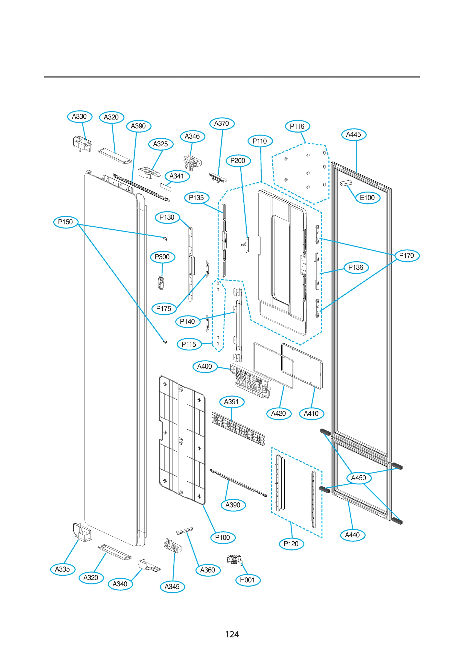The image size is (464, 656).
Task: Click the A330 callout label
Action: (x=80, y=116)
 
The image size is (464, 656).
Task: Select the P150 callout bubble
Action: (x=65, y=222)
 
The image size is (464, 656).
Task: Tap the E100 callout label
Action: (x=367, y=198)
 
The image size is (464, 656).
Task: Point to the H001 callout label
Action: (x=247, y=580)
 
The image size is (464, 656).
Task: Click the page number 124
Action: (x=232, y=634)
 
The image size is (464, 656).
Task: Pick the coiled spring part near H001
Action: (x=234, y=560)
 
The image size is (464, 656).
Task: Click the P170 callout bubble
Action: (x=407, y=256)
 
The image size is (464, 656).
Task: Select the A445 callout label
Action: (x=354, y=134)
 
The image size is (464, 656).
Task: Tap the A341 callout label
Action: (x=177, y=176)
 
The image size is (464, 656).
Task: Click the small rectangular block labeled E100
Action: (x=346, y=183)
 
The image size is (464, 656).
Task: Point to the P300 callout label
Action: (x=162, y=257)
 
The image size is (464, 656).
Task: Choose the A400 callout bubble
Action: (x=205, y=367)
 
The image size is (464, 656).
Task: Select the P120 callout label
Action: (x=291, y=544)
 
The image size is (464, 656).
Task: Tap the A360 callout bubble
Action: (x=208, y=570)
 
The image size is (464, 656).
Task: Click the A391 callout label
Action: (x=232, y=402)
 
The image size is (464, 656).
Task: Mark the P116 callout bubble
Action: (x=297, y=126)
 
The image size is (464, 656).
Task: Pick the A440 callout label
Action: (x=352, y=535)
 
